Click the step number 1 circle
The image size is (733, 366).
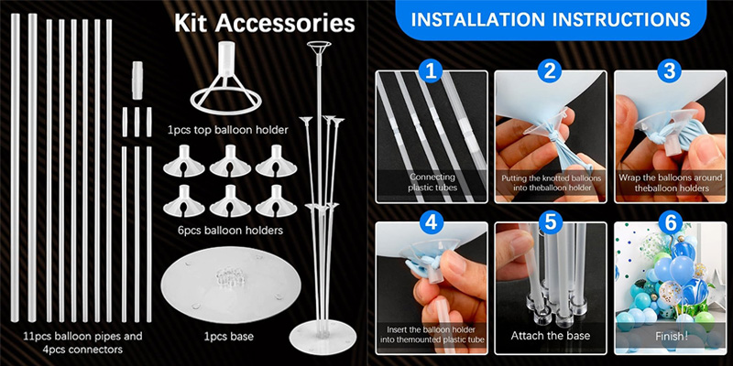click(431, 71)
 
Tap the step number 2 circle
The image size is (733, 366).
click(551, 71)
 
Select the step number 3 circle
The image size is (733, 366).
click(670, 71)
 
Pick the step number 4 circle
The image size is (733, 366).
click(431, 222)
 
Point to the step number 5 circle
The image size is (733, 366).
click(551, 222)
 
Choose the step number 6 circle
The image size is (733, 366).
click(670, 222)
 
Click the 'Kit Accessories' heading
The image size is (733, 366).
click(265, 24)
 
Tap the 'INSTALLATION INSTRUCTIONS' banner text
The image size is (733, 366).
click(551, 19)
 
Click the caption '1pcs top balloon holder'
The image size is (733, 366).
click(228, 130)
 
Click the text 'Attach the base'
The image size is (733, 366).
click(551, 335)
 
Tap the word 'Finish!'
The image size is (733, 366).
click(672, 336)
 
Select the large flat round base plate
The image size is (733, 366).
click(231, 285)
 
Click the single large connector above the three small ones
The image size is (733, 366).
click(137, 80)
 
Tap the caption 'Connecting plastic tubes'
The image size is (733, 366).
click(432, 182)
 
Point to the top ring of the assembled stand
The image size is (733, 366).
click(319, 46)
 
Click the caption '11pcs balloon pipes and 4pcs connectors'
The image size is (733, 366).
click(83, 342)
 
